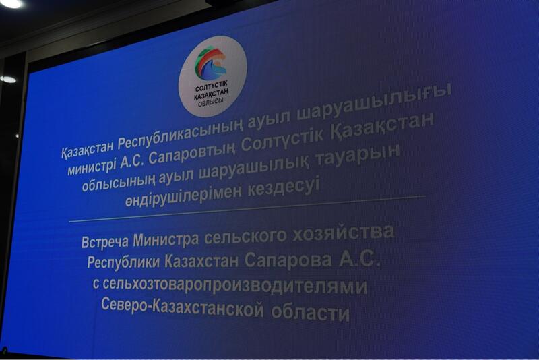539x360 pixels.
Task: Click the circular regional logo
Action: click(212, 76)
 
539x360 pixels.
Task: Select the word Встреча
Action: click(103, 242)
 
